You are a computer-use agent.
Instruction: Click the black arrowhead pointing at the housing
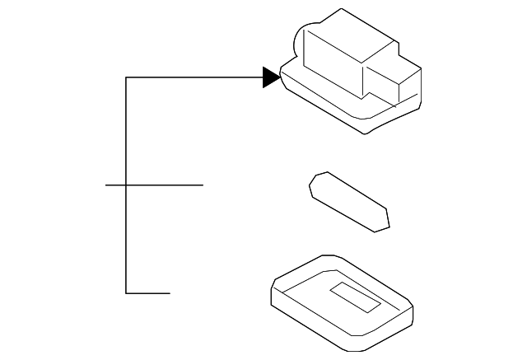(x=271, y=77)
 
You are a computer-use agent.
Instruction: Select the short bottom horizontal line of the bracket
(x=148, y=292)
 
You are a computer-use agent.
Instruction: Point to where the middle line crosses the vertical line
(x=126, y=185)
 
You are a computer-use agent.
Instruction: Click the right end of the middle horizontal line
(x=203, y=185)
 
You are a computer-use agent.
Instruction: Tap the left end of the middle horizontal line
(x=106, y=185)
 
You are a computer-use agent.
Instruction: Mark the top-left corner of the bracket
(x=126, y=77)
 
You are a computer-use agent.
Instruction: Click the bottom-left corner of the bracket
(x=126, y=292)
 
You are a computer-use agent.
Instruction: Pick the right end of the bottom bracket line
(x=170, y=292)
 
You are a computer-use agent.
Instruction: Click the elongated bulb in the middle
(x=348, y=202)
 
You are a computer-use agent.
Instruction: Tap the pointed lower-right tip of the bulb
(x=385, y=223)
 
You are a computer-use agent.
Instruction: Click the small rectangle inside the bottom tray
(x=354, y=297)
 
